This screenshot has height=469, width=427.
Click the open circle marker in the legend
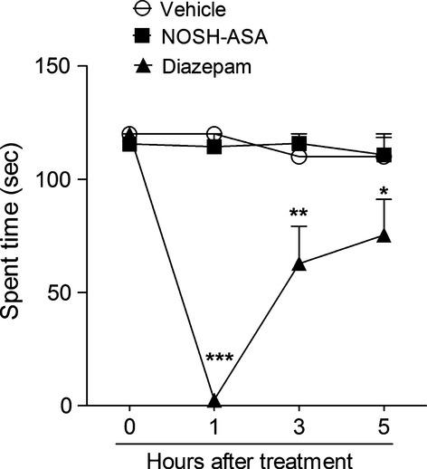click(x=139, y=9)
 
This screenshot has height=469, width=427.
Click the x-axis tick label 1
click(x=214, y=425)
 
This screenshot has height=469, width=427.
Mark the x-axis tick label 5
click(x=384, y=425)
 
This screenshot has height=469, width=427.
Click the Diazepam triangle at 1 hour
click(x=214, y=399)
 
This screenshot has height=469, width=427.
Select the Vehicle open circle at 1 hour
click(x=214, y=134)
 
